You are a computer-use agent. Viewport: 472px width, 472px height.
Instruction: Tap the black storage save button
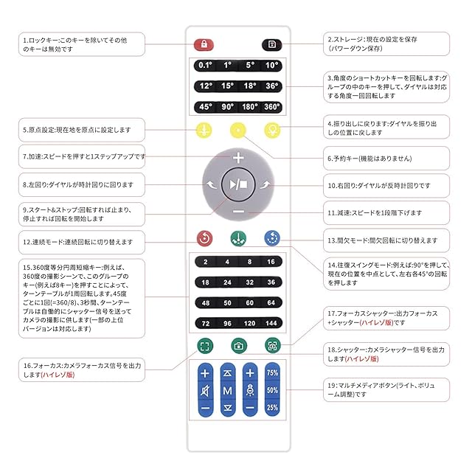tap(272, 44)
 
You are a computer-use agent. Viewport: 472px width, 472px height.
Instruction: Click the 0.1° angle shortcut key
tap(205, 65)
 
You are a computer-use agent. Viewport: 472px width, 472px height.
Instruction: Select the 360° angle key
tap(272, 106)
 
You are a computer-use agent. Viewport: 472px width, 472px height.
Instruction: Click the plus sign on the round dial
tap(237, 158)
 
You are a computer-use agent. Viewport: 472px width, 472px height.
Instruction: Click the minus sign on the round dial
tap(237, 212)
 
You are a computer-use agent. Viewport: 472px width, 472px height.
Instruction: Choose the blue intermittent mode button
tap(272, 238)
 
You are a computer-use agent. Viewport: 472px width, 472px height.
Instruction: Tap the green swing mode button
tap(237, 239)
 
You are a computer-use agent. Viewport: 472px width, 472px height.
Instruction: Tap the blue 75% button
tap(272, 373)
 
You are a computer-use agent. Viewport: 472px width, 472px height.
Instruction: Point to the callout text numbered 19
tap(386, 389)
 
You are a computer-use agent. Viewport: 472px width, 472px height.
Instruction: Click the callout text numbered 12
tap(77, 242)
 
